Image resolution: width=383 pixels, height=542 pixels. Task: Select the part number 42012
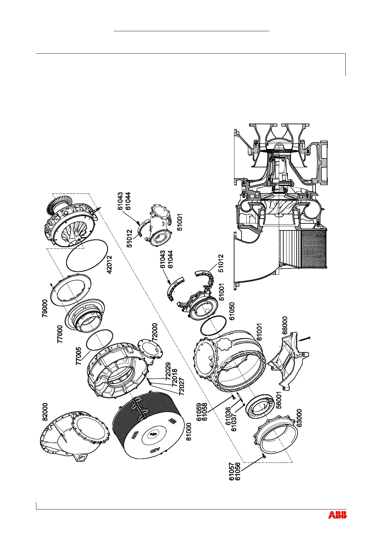coord(110,264)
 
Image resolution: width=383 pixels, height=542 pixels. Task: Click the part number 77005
coord(79,356)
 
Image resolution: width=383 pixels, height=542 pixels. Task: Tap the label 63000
coord(299,418)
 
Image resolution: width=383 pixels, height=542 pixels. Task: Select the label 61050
coord(232,311)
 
